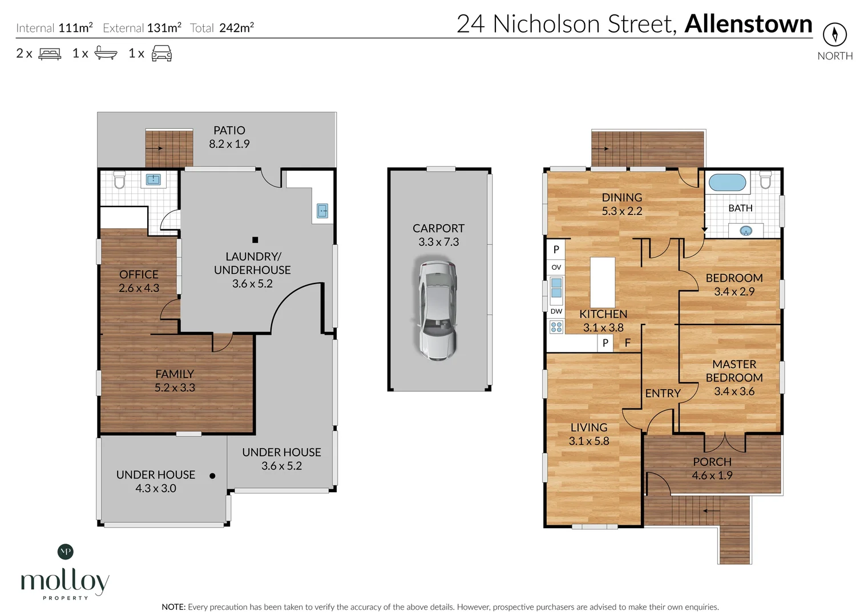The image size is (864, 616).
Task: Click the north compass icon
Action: point(834,35)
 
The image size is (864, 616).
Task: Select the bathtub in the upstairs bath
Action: point(727,183)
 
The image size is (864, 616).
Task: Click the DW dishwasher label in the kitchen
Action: point(556,311)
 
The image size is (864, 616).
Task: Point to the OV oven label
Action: point(556,267)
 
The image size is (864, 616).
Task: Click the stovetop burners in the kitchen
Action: point(556,327)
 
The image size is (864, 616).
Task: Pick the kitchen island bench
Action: point(603,282)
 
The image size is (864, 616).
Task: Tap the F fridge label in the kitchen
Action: point(627,343)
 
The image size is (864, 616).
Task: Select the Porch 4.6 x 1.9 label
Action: point(712,468)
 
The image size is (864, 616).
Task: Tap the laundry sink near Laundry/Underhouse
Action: point(322,211)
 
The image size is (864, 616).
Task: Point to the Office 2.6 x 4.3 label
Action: point(139,281)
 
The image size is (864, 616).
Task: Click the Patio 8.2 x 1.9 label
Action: point(229,137)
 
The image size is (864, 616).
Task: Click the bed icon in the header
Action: point(50,54)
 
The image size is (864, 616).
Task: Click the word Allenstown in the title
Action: point(748,24)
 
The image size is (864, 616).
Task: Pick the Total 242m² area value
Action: point(236,27)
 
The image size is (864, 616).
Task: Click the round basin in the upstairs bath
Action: point(745,231)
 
